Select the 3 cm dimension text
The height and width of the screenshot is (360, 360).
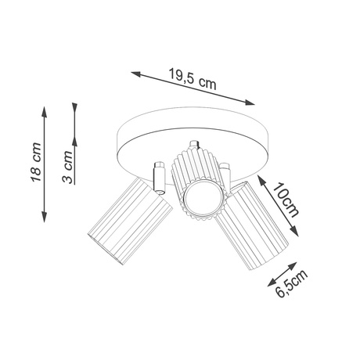pos(68,167)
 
